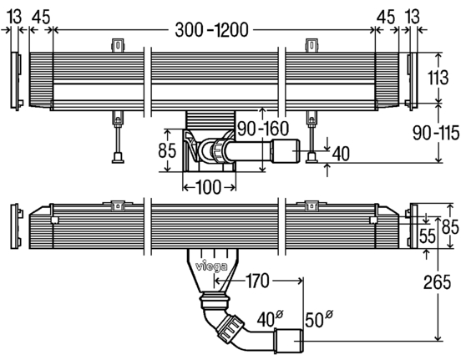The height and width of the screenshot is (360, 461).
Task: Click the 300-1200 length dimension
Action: coord(211,30)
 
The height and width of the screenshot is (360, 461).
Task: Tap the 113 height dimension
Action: coord(438,78)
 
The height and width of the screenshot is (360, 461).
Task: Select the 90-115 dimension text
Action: coord(436,133)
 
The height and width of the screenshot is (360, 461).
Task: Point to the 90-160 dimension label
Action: coord(263,129)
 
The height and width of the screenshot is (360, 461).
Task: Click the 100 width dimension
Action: coord(208,187)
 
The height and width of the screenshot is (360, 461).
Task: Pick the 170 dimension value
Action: coord(257,281)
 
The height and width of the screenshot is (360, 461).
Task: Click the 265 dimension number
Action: coord(437,282)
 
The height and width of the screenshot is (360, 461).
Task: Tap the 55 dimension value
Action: coord(428,236)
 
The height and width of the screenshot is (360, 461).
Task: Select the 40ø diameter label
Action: coord(270,319)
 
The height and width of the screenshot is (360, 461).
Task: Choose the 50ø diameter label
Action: coord(319,319)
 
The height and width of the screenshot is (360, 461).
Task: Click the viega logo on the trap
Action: coord(211,266)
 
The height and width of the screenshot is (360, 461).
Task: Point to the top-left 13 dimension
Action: coord(14,17)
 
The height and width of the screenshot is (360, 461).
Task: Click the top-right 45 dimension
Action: coord(386,17)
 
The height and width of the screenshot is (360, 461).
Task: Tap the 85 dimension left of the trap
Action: coord(167,150)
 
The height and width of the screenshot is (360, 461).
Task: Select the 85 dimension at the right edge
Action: coord(450,226)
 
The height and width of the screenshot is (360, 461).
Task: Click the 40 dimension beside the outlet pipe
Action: coord(341,154)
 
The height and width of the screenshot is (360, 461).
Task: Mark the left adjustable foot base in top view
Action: coord(118,158)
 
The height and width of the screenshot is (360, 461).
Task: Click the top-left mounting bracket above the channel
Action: coord(118,46)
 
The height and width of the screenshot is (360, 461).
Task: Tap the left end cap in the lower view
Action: coord(17,226)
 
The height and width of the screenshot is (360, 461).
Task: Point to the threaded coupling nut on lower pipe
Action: coord(230,329)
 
